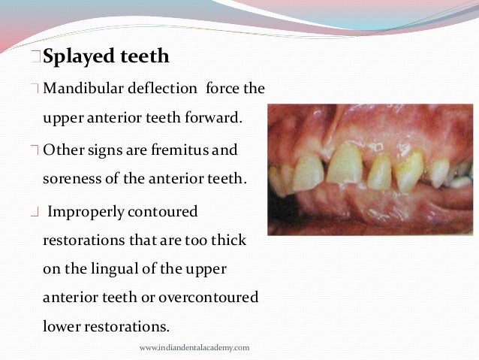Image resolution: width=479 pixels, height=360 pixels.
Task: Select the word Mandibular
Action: point(80,89)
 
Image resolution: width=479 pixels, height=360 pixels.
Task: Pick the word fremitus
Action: point(171,150)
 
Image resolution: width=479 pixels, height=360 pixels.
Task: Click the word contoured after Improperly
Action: point(163,212)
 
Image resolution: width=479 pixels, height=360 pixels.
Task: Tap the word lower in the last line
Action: point(62,328)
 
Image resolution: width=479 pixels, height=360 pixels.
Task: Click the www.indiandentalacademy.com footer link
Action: point(194,348)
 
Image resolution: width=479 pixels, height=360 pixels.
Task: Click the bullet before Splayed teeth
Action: point(36,58)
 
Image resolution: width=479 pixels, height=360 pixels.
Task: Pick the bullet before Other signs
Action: point(36,151)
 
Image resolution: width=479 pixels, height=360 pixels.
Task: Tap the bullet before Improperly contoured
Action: point(36,213)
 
